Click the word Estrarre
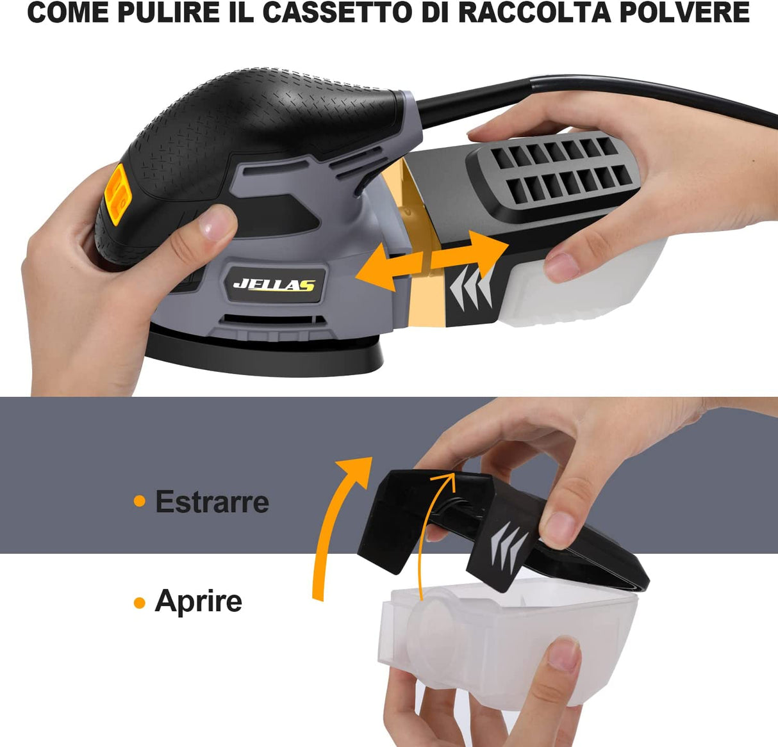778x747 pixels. pyautogui.click(x=212, y=501)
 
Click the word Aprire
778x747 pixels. pyautogui.click(x=198, y=601)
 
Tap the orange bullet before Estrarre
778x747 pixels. pyautogui.click(x=140, y=501)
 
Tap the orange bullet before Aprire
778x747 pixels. pyautogui.click(x=140, y=602)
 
